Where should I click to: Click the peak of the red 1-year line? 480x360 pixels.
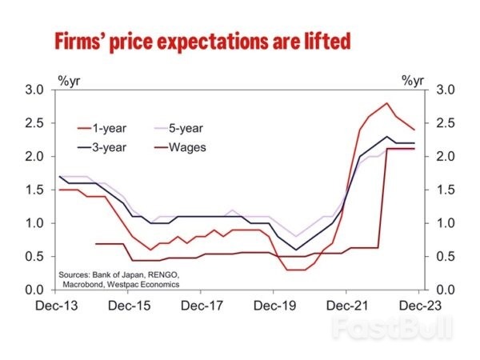click(x=387, y=103)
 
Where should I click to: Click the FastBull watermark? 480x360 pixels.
click(x=391, y=329)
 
